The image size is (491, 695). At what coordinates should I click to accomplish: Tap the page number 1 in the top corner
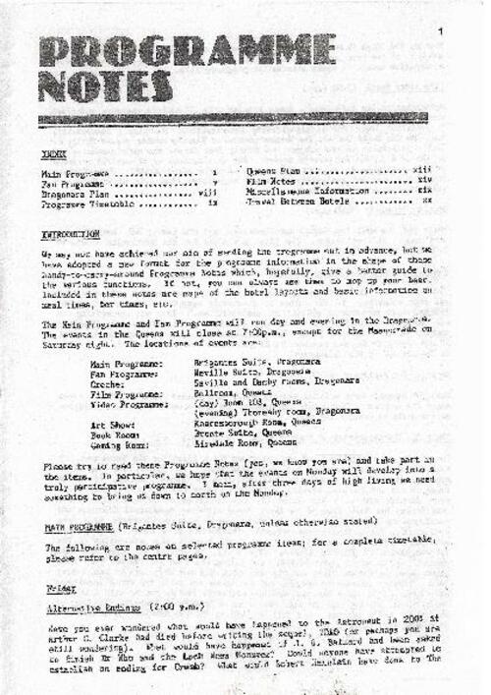click(442, 32)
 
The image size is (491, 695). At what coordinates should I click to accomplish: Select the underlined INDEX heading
click(55, 155)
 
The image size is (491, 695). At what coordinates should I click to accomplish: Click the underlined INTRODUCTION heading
click(71, 235)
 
